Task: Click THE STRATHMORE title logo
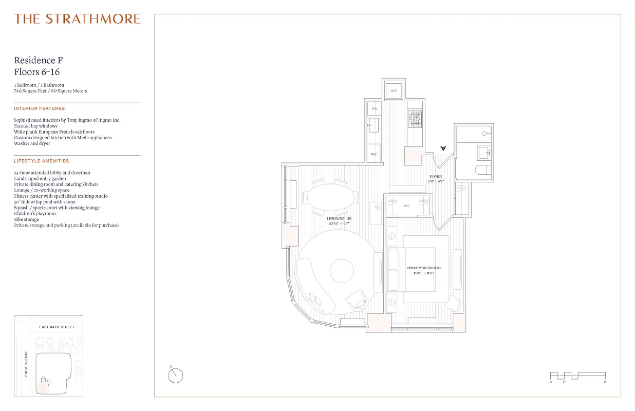pos(77,19)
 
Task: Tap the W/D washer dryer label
pos(394,91)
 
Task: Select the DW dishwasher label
pos(375,109)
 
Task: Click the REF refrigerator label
pos(375,154)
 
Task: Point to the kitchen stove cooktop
pos(415,120)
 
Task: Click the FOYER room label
pos(435,177)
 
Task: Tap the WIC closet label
pos(406,206)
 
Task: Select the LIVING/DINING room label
pos(340,218)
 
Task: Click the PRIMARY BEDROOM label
pos(423,268)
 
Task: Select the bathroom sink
pos(484,152)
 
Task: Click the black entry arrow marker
pos(443,148)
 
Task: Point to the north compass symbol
pos(175,376)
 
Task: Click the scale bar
pos(578,376)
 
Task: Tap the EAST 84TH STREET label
pos(57,327)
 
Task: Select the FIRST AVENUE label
pos(26,364)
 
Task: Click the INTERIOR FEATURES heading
pos(40,108)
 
